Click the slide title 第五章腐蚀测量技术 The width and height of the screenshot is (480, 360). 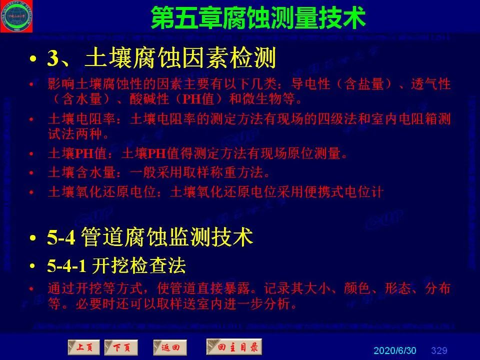258,18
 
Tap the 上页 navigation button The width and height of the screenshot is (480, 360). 83,347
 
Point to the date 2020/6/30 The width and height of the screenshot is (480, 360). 394,350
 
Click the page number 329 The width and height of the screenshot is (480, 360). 439,350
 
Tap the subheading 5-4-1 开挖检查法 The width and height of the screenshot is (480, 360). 116,266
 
